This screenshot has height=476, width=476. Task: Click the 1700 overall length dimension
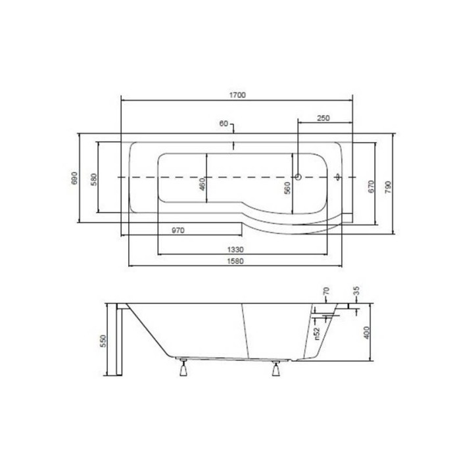(237, 95)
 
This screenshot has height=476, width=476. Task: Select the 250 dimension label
(322, 118)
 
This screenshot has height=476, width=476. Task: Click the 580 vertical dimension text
(94, 178)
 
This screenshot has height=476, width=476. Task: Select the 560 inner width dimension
(287, 188)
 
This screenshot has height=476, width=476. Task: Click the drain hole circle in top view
(298, 177)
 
